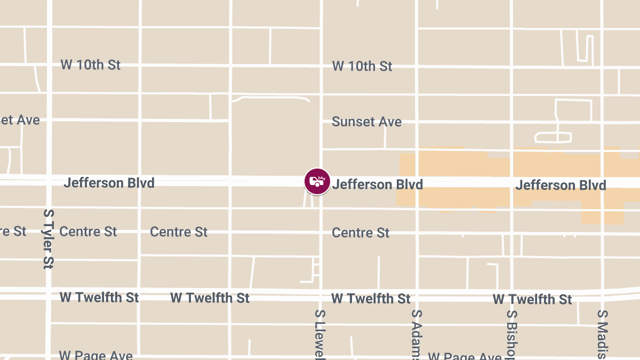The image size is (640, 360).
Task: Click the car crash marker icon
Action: pos(317,181)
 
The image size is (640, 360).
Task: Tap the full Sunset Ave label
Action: pos(366,122)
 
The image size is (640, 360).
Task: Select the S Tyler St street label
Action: pos(49,238)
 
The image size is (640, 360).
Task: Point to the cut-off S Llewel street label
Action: pos(320,335)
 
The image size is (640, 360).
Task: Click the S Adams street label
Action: pos(417,335)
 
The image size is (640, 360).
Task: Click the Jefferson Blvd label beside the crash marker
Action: pos(378,185)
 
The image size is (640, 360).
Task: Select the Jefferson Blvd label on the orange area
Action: pos(561,185)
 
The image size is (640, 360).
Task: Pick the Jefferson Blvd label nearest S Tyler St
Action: pos(109,183)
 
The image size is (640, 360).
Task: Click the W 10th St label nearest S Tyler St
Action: pos(90,65)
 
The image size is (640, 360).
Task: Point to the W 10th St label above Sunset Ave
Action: pos(362,66)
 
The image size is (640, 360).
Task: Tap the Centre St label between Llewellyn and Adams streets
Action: pos(361,233)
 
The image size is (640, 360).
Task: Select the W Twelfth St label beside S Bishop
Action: pos(532,299)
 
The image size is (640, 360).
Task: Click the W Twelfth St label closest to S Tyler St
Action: pos(99,297)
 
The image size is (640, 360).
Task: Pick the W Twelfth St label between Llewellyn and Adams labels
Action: pos(371,298)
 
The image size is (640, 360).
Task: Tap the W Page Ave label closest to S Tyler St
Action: pos(95,355)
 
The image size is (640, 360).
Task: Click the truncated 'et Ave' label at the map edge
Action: pos(20,120)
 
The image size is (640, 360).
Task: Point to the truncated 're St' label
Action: pos(13,231)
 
